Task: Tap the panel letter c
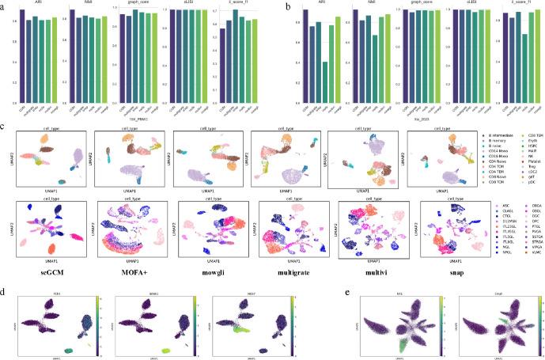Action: click(4, 124)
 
